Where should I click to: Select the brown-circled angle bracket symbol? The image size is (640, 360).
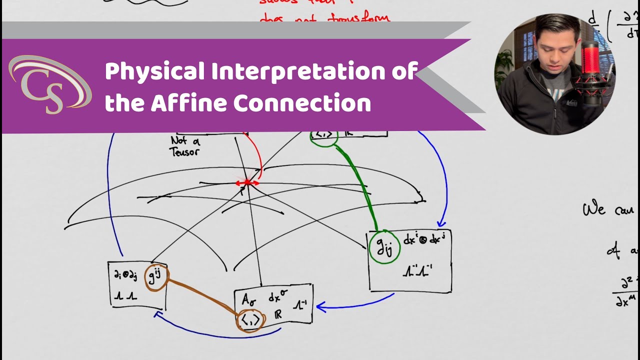(x=250, y=319)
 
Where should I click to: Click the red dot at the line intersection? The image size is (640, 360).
(x=247, y=183)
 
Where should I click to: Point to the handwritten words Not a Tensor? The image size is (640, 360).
(x=185, y=146)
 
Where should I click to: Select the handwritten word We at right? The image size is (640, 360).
(x=594, y=208)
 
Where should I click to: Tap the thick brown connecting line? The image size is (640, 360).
(x=202, y=297)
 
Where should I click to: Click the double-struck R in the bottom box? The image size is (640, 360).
(x=278, y=314)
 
